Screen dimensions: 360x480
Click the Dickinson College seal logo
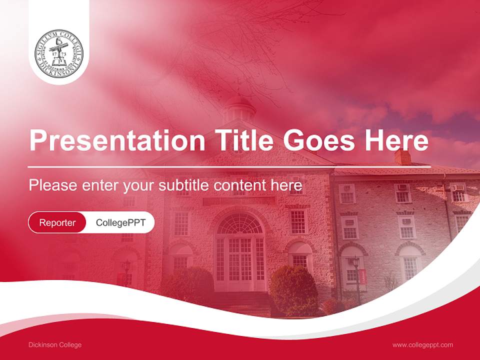pos(59,53)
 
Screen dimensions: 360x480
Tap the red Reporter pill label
pos(57,222)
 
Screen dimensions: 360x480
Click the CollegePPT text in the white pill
pos(120,222)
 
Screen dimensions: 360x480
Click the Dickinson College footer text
pos(55,345)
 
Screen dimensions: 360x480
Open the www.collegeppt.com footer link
pos(422,345)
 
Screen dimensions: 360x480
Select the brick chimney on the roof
pos(402,156)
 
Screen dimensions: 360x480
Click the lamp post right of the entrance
pos(356,277)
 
